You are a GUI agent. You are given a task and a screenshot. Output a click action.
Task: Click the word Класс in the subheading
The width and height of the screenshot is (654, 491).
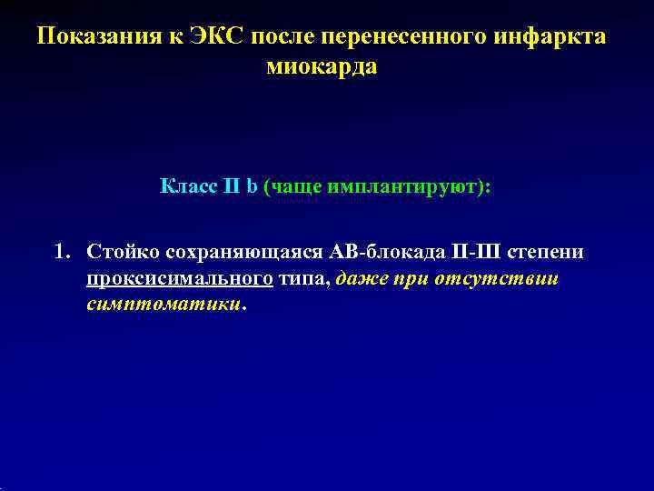coord(187,186)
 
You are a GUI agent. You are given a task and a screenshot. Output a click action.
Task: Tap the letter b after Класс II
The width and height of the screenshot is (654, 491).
coord(253,186)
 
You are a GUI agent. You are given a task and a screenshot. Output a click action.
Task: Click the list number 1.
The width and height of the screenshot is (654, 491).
coord(61,252)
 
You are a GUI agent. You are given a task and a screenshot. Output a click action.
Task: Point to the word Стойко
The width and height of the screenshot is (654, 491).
coord(117,252)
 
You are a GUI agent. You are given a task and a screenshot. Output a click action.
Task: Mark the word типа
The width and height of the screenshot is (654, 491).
coord(306,279)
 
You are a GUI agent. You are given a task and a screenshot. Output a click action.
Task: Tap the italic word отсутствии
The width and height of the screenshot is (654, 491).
coord(505,279)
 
